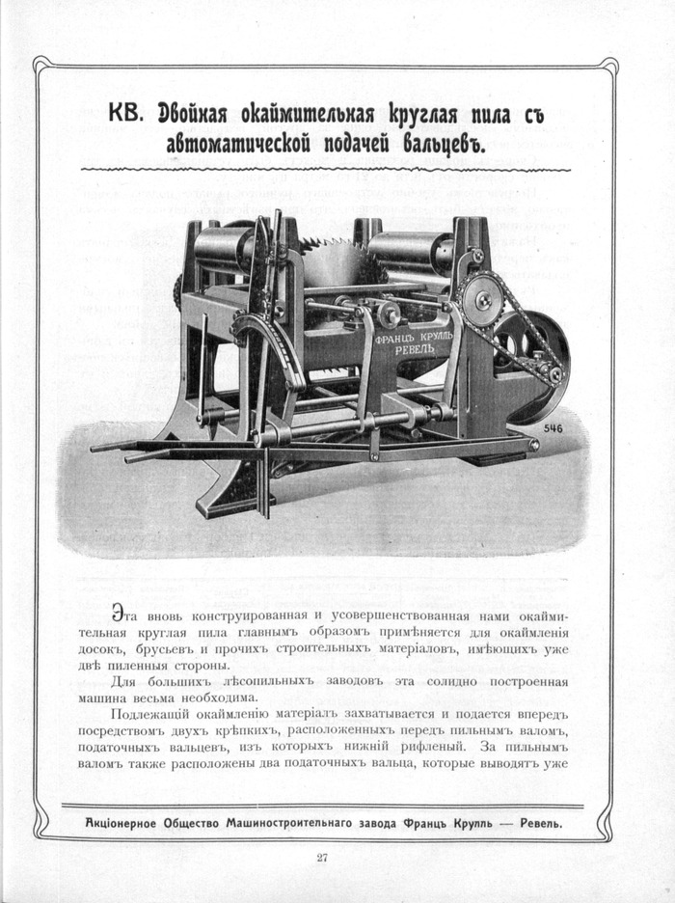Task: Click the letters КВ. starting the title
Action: coord(122,114)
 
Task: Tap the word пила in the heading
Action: coord(476,114)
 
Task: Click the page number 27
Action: coord(322,858)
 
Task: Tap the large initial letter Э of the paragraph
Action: coord(118,614)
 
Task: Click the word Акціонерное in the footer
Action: coord(123,823)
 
